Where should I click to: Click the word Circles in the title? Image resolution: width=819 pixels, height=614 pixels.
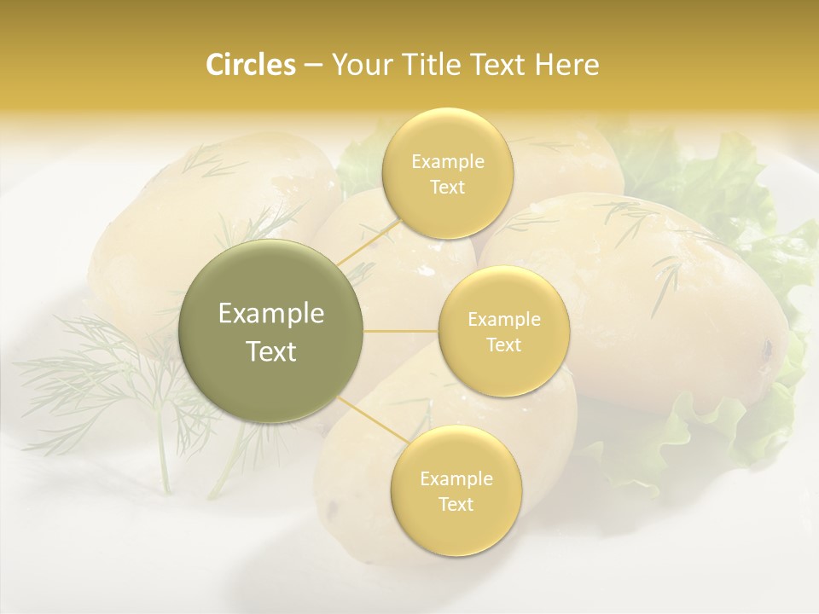(251, 65)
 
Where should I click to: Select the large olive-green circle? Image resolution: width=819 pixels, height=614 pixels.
(271, 331)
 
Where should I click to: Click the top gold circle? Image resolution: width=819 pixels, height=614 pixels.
(447, 173)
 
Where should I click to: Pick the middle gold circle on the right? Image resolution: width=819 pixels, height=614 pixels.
(503, 331)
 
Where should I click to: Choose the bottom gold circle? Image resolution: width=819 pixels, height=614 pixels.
(456, 490)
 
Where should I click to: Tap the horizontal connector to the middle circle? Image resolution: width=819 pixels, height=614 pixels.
(401, 331)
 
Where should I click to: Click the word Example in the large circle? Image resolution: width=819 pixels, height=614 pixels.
(271, 314)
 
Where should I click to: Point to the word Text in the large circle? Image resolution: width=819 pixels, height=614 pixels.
(271, 351)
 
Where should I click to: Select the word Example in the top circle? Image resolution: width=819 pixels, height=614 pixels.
(447, 161)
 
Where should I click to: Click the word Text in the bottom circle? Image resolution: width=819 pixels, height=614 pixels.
(456, 504)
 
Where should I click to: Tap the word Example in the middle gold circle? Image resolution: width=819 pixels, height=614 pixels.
(503, 320)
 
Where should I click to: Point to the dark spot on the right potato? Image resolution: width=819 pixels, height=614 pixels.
(767, 347)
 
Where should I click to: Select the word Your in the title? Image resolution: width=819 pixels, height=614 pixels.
(357, 65)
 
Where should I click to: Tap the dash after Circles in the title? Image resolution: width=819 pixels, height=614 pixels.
(312, 66)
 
